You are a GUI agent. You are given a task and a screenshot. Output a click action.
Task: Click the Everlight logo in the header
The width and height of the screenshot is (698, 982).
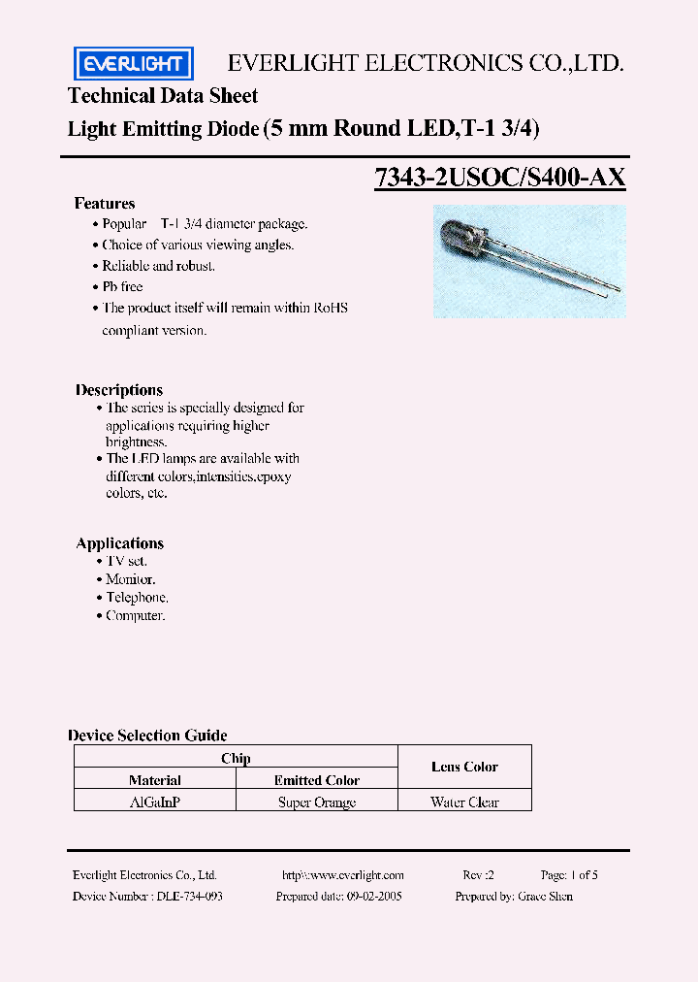pyautogui.click(x=134, y=64)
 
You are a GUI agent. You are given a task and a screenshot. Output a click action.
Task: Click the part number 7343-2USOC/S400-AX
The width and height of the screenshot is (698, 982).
pyautogui.click(x=500, y=178)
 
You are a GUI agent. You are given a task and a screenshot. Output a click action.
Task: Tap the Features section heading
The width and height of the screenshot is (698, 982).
pyautogui.click(x=105, y=204)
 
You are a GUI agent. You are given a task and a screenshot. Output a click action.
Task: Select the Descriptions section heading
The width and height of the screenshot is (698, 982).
pyautogui.click(x=119, y=390)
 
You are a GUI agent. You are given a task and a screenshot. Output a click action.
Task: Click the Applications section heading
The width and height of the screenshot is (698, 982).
pyautogui.click(x=120, y=543)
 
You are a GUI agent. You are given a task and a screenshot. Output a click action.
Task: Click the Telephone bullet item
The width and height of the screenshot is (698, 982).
pyautogui.click(x=137, y=598)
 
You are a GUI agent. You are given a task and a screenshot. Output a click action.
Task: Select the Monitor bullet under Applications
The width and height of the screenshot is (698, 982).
pyautogui.click(x=131, y=579)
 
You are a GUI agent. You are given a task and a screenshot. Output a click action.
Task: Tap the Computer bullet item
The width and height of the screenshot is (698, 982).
pyautogui.click(x=136, y=616)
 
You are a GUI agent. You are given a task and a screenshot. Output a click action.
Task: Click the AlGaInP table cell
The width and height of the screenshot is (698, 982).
pyautogui.click(x=155, y=802)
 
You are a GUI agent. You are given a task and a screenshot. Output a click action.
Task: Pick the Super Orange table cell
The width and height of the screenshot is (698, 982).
pyautogui.click(x=317, y=802)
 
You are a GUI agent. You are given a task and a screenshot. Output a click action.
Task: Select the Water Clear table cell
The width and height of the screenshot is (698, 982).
pyautogui.click(x=464, y=802)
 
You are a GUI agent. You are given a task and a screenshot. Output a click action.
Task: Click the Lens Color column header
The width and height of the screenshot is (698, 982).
pyautogui.click(x=464, y=767)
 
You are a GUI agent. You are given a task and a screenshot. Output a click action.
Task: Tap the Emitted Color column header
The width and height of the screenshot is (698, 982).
pyautogui.click(x=317, y=780)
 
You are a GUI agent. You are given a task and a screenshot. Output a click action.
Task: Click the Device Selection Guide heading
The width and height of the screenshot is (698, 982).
pyautogui.click(x=147, y=736)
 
